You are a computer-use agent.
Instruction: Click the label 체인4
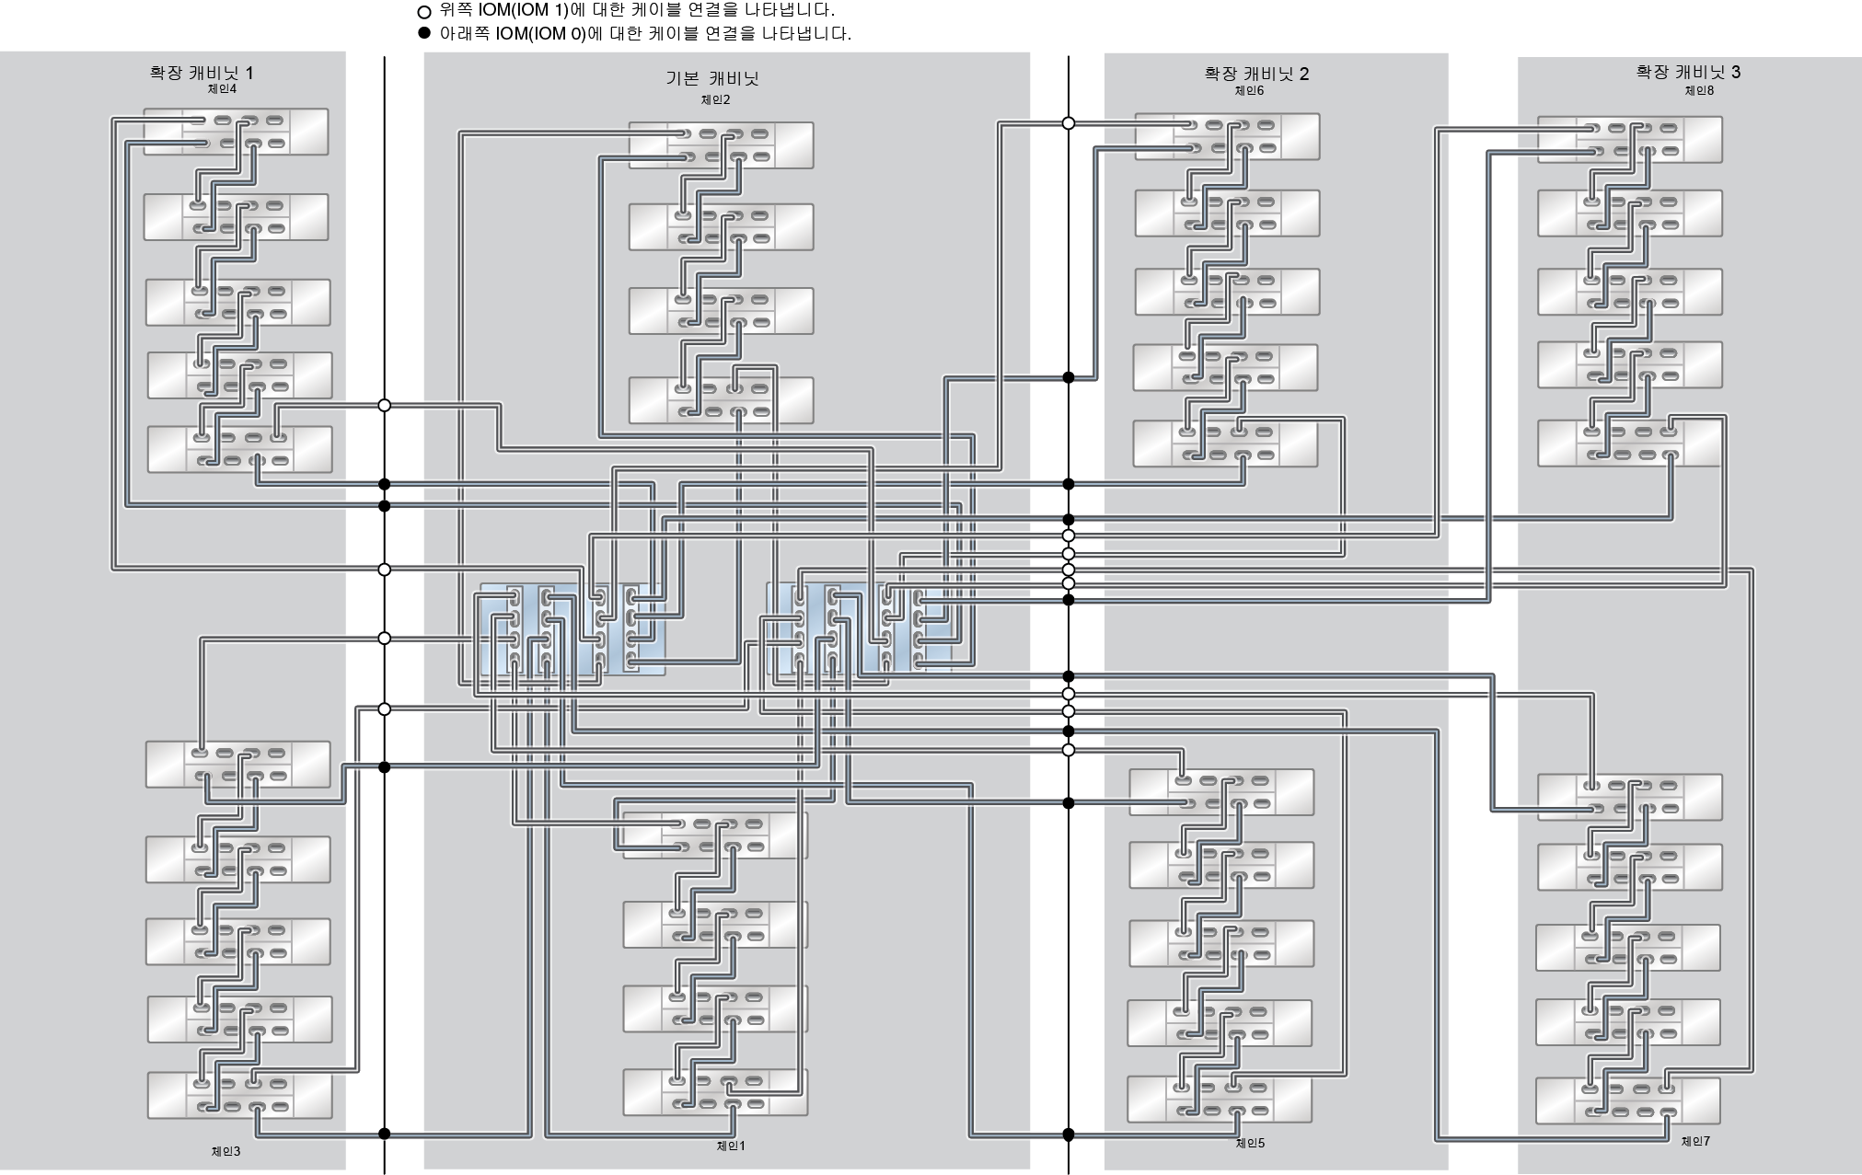(x=222, y=89)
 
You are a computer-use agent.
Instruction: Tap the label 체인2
(x=715, y=100)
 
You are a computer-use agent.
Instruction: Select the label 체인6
(x=1249, y=91)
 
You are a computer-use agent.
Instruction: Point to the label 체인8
(x=1699, y=90)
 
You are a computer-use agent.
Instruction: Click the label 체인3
(x=226, y=1151)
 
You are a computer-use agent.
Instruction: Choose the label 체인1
(x=731, y=1146)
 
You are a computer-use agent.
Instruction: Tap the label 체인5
(x=1250, y=1143)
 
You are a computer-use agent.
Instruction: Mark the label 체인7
(x=1695, y=1141)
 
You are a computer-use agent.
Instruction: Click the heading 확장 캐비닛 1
(x=202, y=73)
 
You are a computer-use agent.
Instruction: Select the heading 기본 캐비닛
(x=712, y=79)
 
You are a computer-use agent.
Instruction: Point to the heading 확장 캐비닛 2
(x=1256, y=75)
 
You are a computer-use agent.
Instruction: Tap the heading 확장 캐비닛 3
(x=1688, y=72)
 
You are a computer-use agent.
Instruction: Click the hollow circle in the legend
(x=424, y=12)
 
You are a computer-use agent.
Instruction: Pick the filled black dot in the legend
(x=424, y=34)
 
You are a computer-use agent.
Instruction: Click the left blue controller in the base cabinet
(x=571, y=629)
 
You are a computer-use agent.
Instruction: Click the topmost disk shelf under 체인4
(x=236, y=132)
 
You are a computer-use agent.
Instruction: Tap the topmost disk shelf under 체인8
(x=1629, y=139)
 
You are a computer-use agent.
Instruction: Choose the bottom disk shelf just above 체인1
(x=715, y=1092)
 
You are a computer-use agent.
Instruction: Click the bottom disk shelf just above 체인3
(x=239, y=1095)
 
